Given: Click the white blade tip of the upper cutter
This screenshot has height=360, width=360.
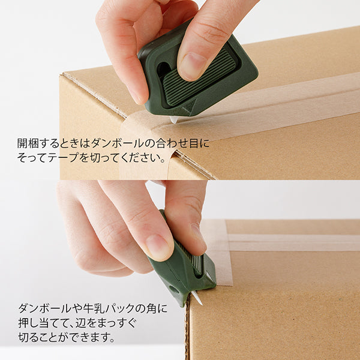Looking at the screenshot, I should [x=174, y=120].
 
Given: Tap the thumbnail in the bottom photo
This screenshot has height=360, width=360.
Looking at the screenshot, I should [x=158, y=246].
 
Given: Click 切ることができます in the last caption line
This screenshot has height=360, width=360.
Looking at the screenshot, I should [x=66, y=338].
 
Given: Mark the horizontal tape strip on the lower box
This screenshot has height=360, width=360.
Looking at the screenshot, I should [x=294, y=242].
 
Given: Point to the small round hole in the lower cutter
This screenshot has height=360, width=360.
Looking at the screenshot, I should [x=174, y=289].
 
